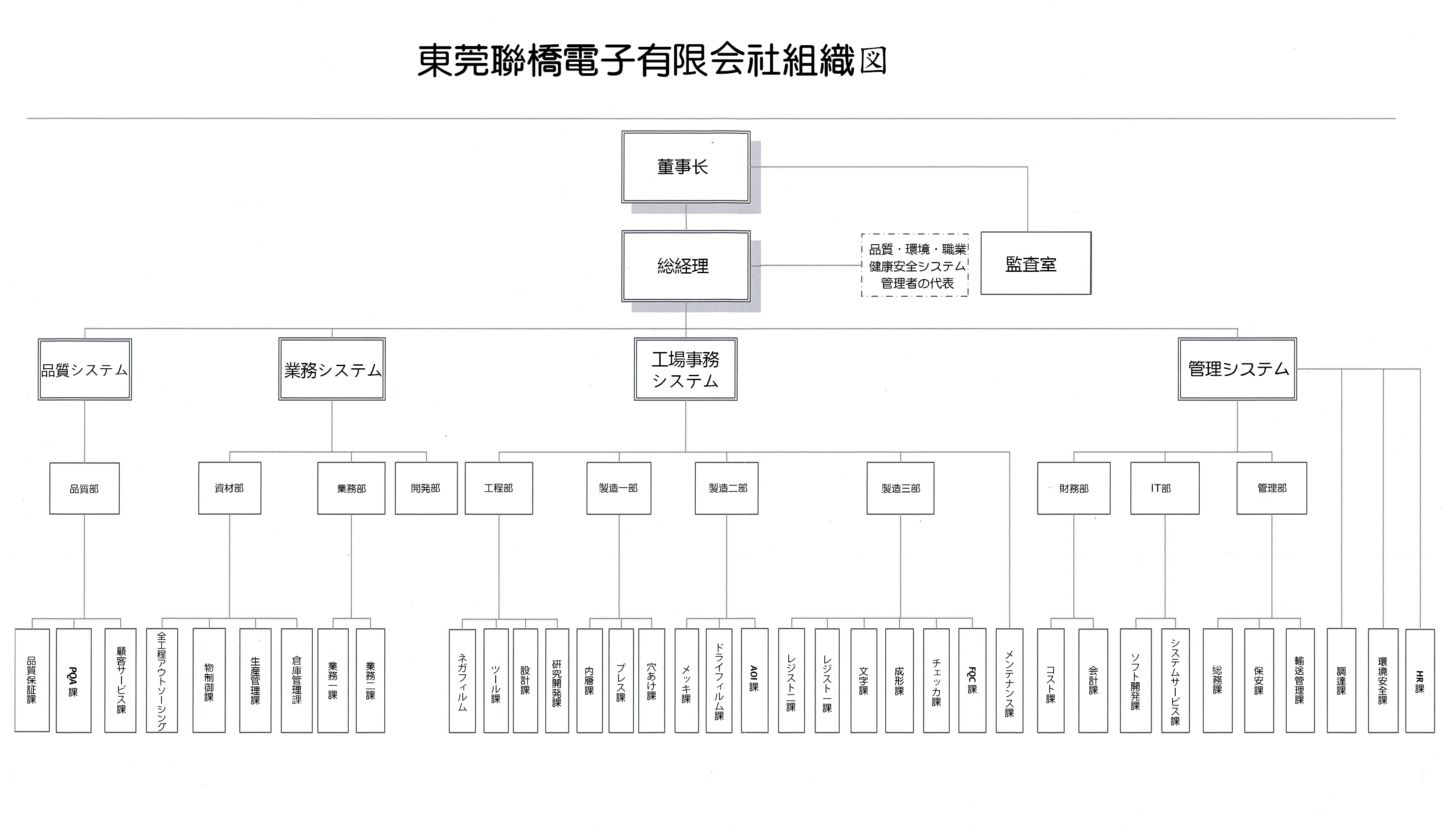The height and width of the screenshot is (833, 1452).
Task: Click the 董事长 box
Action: click(x=685, y=167)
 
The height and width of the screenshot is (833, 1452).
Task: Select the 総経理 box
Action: click(x=685, y=266)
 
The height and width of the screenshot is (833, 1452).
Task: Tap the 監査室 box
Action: click(x=1035, y=263)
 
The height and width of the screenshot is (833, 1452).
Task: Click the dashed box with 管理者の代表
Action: click(x=915, y=265)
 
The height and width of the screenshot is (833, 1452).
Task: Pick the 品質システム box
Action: click(x=85, y=370)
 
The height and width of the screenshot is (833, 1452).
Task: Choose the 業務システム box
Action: click(x=332, y=370)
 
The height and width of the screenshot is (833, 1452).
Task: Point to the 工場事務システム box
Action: click(x=685, y=370)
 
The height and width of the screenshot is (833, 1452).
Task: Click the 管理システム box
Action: click(x=1237, y=369)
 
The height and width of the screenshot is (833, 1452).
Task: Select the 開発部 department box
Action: click(x=426, y=488)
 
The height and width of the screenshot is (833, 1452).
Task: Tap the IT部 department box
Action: click(x=1164, y=488)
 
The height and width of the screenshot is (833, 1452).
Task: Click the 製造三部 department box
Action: click(x=900, y=488)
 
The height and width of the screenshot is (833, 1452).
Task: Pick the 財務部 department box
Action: click(x=1073, y=488)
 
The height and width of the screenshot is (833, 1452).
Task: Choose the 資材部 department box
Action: click(x=229, y=488)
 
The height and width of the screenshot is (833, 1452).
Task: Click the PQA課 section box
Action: click(x=74, y=680)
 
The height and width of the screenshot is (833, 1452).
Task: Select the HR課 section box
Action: click(x=1420, y=680)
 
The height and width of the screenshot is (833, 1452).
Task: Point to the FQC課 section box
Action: click(x=972, y=680)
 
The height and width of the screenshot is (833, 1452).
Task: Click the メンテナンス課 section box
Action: click(x=1009, y=680)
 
